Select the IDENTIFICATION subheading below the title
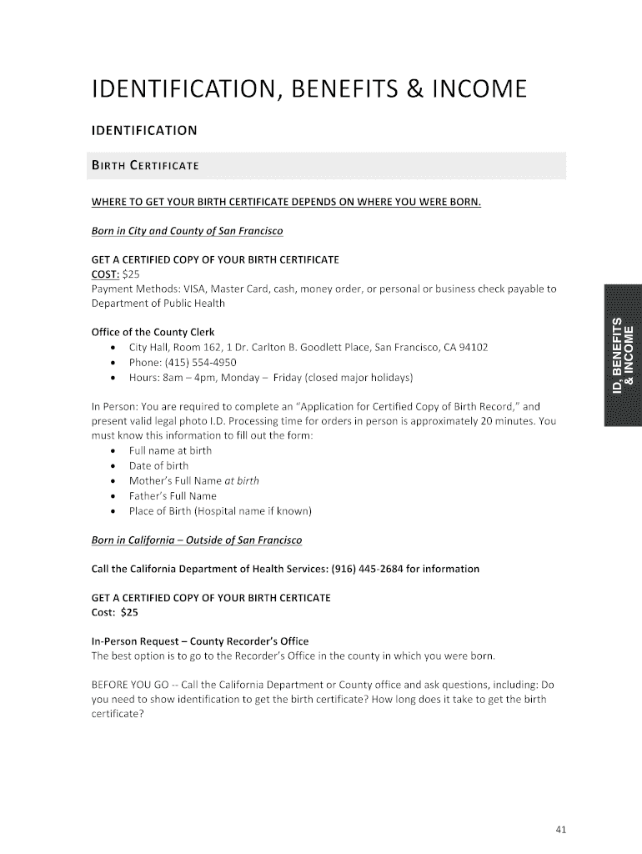click(143, 130)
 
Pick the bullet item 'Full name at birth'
click(170, 450)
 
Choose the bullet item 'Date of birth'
click(158, 465)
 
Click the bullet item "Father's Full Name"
click(173, 495)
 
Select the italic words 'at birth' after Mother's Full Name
click(242, 480)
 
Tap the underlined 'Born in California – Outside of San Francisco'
click(196, 540)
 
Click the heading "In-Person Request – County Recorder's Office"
click(199, 641)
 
